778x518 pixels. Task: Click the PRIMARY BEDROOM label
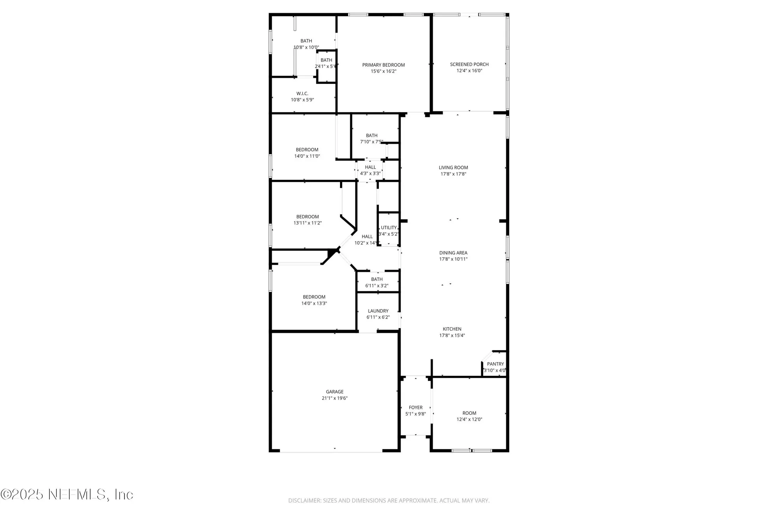pos(383,65)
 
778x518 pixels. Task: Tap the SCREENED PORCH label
pos(469,65)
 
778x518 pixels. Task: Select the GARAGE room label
pos(335,392)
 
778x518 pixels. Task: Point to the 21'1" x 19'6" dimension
pos(335,398)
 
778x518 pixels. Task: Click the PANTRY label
pos(495,364)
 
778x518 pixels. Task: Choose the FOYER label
pos(415,408)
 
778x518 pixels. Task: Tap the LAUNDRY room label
pos(378,311)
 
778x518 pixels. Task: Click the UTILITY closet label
pos(389,228)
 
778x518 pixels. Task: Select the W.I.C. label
pos(302,94)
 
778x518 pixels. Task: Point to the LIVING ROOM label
pos(453,168)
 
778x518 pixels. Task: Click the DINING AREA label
pos(453,253)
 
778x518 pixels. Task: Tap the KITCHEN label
pos(452,329)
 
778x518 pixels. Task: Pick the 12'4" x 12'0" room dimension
pos(469,420)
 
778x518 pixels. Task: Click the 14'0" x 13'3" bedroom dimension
pos(314,303)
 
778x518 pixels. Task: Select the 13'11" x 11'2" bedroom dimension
pos(307,223)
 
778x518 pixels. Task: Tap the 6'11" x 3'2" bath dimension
pos(377,286)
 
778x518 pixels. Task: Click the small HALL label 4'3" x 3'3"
pos(370,167)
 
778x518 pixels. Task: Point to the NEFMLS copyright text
pos(67,494)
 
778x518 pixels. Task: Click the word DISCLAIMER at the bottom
pos(305,501)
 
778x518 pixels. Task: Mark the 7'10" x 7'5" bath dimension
pos(371,142)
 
